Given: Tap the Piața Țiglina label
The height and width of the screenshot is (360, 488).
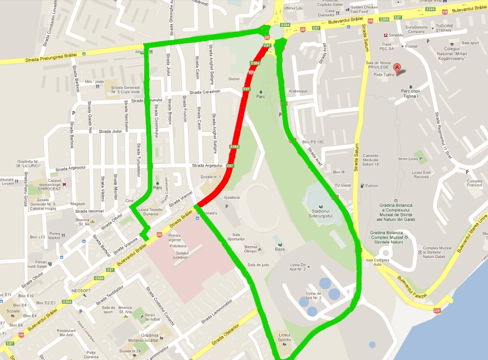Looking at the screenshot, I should coord(384,74).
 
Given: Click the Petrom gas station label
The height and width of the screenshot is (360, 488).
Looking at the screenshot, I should coord(372,186).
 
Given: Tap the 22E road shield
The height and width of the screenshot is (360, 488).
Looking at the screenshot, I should coord(437,310).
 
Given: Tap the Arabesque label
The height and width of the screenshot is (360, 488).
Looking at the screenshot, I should coord(298,91).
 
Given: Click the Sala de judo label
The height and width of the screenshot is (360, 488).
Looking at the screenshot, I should coord(259,265).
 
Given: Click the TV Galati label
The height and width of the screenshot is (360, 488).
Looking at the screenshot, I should coord(343,185).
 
